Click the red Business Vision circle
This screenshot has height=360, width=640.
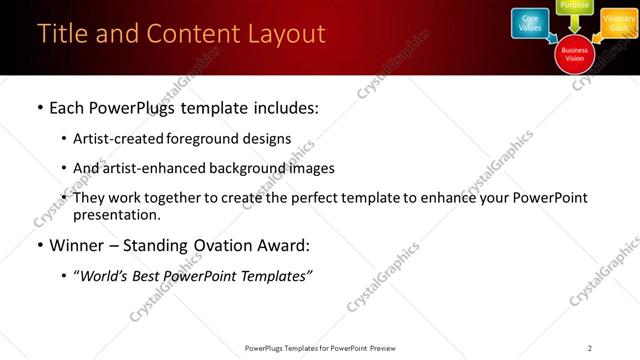[x=574, y=53]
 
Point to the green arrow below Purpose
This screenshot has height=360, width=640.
[x=574, y=24]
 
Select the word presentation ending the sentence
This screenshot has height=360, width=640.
[x=116, y=215]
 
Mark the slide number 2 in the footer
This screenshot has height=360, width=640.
[x=590, y=347]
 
